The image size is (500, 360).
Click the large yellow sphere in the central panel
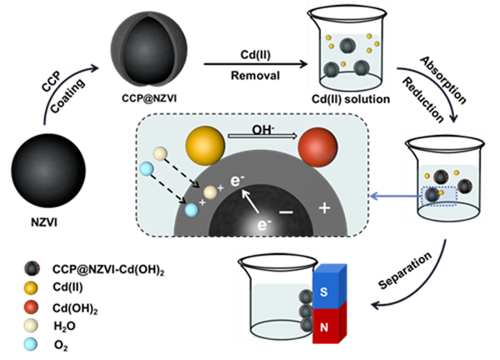click(205, 146)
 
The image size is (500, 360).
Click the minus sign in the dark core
click(286, 213)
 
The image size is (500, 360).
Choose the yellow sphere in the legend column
click(31, 288)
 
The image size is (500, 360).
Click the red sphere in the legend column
click(31, 307)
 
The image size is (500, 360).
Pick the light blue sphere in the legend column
click(31, 343)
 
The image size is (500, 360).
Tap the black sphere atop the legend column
click(31, 268)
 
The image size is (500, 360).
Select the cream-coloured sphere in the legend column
click(31, 325)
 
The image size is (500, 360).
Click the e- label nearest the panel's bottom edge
click(264, 224)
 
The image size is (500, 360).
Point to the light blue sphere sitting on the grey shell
click(192, 210)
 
